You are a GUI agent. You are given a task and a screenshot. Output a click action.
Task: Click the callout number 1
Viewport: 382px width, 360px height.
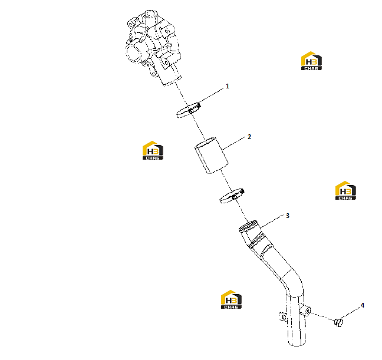click(228, 86)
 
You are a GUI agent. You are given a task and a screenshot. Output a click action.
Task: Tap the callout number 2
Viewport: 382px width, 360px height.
click(249, 137)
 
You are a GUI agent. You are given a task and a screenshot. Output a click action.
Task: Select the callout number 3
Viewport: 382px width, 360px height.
click(288, 216)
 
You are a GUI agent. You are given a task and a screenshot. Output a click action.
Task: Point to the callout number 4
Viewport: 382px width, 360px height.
click(363, 305)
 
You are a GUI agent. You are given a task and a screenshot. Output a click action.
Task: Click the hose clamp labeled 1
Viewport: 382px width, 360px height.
click(188, 110)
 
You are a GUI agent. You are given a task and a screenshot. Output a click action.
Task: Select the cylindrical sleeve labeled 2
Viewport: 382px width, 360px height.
click(212, 156)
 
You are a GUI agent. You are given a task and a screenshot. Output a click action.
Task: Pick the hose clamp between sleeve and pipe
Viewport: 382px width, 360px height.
click(232, 196)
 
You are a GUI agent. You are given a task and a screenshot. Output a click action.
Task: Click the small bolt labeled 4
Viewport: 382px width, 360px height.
click(338, 322)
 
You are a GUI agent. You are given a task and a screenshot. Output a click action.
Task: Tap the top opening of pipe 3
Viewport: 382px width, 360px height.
click(248, 226)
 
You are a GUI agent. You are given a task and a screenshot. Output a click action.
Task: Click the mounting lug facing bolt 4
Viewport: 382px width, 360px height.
click(305, 311)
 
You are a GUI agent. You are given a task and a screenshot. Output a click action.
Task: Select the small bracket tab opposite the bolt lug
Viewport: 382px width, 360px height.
click(282, 316)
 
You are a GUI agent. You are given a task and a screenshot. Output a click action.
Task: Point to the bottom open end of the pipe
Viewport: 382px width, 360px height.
click(297, 344)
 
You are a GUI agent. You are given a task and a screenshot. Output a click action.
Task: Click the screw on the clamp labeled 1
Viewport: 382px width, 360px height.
click(191, 111)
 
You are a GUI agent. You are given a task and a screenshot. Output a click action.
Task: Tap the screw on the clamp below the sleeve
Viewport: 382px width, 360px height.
click(235, 197)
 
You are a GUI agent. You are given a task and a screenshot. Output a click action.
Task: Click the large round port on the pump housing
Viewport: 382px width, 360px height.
click(133, 54)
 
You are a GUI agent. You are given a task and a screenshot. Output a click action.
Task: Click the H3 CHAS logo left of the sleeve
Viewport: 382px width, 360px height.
click(153, 150)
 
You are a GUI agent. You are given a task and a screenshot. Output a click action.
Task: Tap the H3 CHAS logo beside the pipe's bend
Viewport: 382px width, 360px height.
click(231, 299)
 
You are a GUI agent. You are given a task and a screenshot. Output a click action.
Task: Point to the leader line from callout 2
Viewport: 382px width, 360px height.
click(233, 143)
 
